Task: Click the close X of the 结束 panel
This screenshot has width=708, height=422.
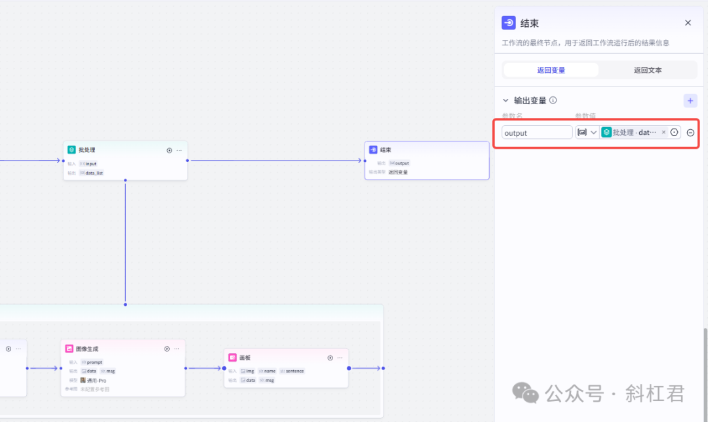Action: (688, 23)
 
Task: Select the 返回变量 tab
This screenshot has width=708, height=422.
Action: (551, 70)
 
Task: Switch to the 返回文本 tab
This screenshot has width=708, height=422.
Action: (647, 70)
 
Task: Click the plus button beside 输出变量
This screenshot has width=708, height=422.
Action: (690, 101)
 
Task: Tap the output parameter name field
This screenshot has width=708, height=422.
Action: (537, 132)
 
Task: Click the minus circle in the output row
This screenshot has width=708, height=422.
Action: (690, 132)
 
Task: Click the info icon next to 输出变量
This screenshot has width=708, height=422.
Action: (553, 101)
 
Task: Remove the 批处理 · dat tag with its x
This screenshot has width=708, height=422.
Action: (663, 132)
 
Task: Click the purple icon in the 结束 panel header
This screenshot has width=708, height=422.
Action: (509, 23)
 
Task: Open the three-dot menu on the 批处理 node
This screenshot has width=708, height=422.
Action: (179, 150)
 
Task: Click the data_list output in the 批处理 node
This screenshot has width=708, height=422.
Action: (94, 173)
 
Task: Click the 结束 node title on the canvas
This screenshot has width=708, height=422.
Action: (385, 150)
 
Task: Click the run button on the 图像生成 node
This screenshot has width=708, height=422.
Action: (167, 349)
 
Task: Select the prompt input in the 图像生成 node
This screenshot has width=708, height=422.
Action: (94, 362)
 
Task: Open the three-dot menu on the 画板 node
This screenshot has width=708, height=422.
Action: (340, 358)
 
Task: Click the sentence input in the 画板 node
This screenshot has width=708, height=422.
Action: (294, 371)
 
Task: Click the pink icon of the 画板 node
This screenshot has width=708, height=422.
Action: (233, 358)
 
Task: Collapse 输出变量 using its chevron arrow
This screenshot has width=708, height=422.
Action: (505, 101)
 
